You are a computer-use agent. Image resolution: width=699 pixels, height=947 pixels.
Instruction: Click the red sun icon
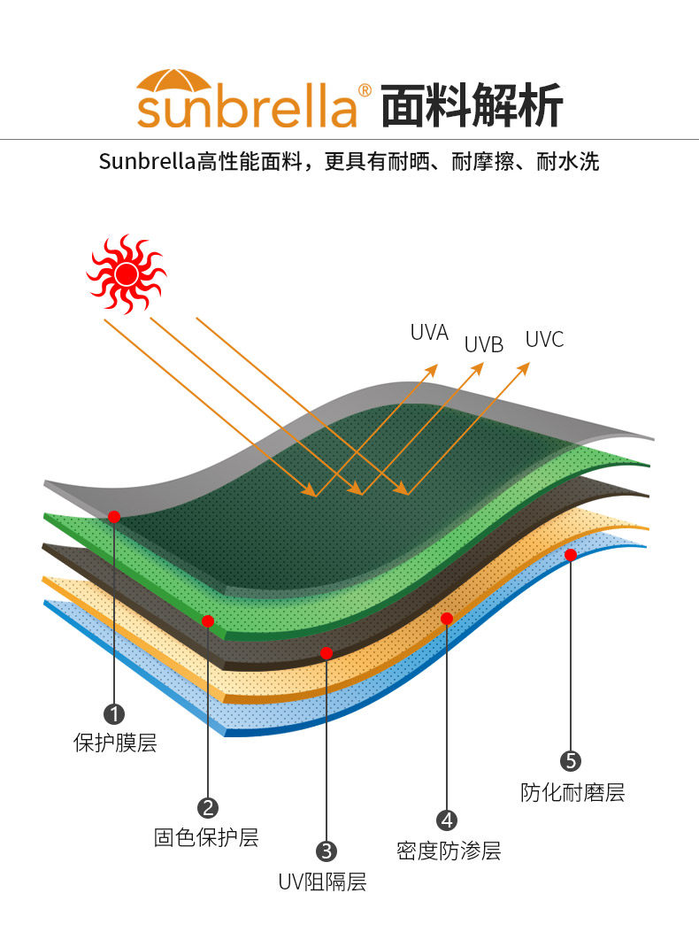pos(126,273)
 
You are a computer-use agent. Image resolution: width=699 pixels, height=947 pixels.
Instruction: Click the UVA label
pos(429,333)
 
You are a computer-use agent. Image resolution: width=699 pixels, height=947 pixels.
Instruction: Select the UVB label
pos(484,345)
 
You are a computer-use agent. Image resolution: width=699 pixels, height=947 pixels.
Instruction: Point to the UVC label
pos(544,340)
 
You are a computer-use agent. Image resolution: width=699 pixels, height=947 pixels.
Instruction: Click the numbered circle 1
pos(114,713)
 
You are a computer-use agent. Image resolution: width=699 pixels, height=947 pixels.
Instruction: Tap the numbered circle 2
pos(208,807)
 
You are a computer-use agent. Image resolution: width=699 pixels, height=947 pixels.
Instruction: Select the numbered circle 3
pos(326,851)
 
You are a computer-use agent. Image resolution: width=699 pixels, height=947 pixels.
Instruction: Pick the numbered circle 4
pos(447,820)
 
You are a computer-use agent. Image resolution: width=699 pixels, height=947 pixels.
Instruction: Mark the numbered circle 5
pos(571,761)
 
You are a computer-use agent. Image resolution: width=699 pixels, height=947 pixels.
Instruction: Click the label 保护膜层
pos(114,743)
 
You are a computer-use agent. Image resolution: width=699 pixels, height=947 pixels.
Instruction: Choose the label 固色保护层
pos(206,837)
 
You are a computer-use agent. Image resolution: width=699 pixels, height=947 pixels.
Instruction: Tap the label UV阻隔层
pos(322,882)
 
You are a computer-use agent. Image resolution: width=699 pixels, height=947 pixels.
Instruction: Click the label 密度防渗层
pos(449,851)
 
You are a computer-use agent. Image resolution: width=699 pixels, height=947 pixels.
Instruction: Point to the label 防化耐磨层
pos(572,792)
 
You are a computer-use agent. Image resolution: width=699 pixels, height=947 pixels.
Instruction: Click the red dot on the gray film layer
pos(114,516)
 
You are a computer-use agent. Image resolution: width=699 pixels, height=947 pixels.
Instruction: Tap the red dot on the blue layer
pos(571,555)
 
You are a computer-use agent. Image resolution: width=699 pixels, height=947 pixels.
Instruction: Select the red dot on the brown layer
pos(326,653)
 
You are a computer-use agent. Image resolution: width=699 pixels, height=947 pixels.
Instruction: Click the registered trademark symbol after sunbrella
pos(365,90)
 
